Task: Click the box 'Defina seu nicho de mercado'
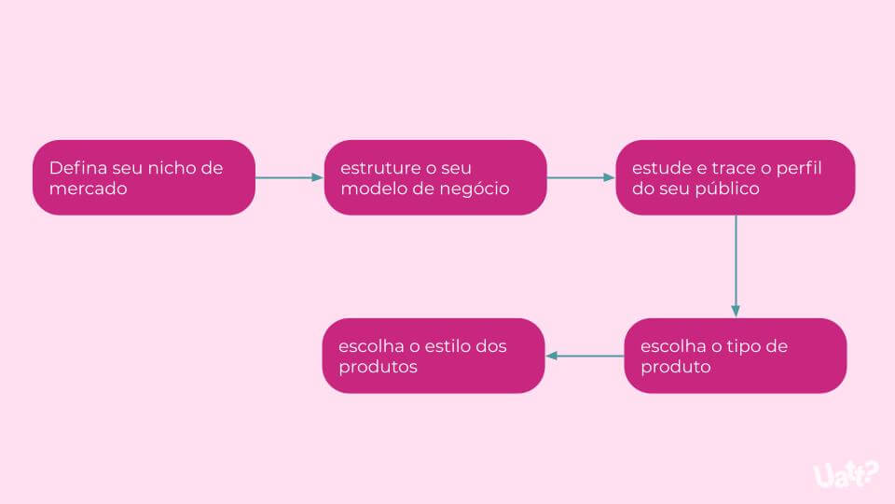(x=144, y=177)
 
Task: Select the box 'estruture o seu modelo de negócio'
(x=435, y=177)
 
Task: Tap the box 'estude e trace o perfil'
(x=736, y=177)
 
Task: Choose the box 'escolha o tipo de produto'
(x=736, y=356)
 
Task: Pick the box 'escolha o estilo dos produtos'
(x=434, y=356)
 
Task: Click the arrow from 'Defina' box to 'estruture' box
(x=289, y=177)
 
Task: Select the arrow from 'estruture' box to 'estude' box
(x=581, y=177)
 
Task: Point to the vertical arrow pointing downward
(x=736, y=266)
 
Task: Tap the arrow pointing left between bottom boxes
(x=585, y=356)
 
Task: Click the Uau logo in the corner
(x=846, y=474)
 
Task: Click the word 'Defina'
(x=78, y=168)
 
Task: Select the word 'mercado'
(x=89, y=189)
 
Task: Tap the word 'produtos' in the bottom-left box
(x=378, y=367)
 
